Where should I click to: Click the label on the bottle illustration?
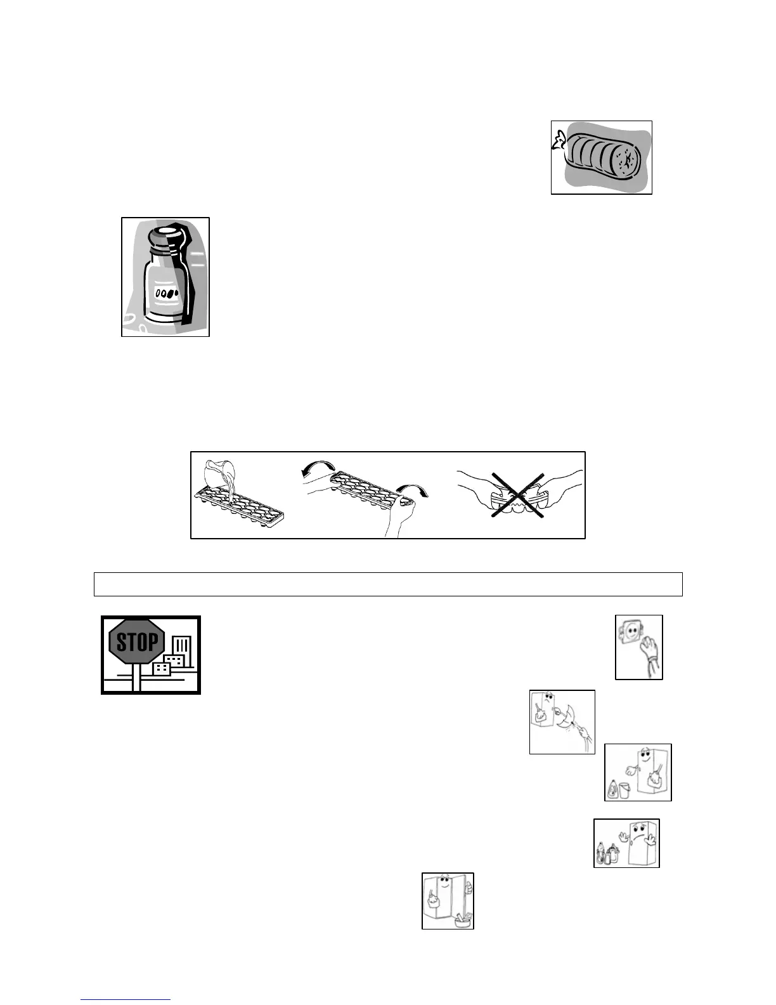click(x=166, y=292)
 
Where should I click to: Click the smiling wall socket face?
click(x=631, y=633)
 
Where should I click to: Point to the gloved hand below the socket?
click(x=649, y=654)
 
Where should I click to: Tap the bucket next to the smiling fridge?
click(x=623, y=790)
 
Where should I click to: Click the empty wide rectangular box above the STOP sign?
click(x=388, y=584)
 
